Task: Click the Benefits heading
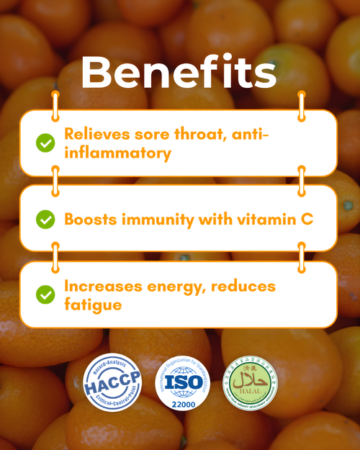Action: pyautogui.click(x=179, y=73)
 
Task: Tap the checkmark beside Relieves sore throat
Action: pyautogui.click(x=45, y=143)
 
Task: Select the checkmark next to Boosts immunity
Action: pyautogui.click(x=45, y=219)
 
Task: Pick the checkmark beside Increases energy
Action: pyautogui.click(x=45, y=294)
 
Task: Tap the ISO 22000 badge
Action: pyautogui.click(x=179, y=383)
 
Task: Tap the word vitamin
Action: pyautogui.click(x=267, y=219)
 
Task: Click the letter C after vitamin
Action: pyautogui.click(x=307, y=219)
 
